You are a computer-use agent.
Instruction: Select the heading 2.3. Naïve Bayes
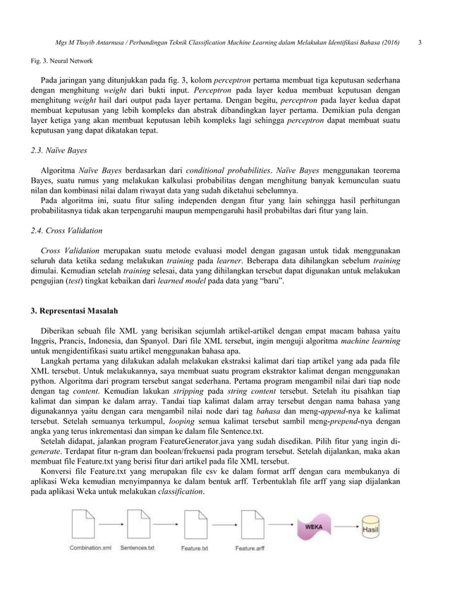point(55,150)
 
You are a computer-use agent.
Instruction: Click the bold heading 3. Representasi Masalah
point(74,311)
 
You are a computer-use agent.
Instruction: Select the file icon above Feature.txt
point(194,526)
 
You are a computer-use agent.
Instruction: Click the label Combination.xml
point(90,548)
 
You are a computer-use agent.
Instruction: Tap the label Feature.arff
point(250,548)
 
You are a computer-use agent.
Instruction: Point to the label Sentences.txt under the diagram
point(138,548)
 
